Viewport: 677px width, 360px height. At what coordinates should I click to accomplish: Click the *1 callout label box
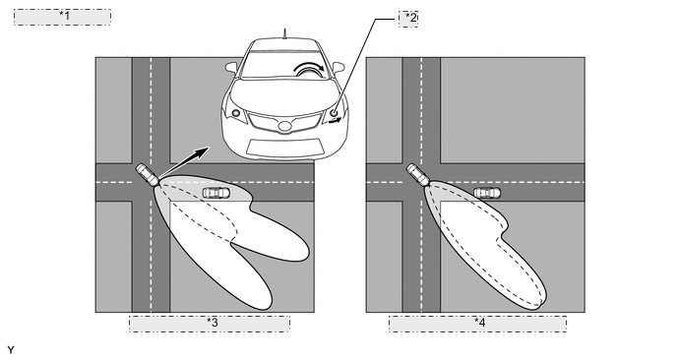click(x=62, y=17)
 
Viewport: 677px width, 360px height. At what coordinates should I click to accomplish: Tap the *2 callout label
click(x=408, y=19)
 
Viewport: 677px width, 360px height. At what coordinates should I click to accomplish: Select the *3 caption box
click(x=210, y=324)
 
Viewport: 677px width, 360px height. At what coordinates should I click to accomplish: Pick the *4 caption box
click(x=477, y=324)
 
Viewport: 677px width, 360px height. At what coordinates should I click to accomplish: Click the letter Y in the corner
click(x=11, y=350)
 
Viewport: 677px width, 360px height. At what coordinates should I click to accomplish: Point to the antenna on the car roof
click(x=284, y=33)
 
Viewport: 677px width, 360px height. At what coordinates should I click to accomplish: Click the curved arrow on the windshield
click(x=309, y=67)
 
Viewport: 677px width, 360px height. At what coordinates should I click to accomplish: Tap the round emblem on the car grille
click(x=284, y=127)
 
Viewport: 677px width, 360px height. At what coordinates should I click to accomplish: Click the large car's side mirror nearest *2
click(x=338, y=67)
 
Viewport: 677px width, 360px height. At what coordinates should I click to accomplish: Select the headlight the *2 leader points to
click(x=334, y=113)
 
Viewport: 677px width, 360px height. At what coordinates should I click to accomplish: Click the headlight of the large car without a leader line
click(x=236, y=113)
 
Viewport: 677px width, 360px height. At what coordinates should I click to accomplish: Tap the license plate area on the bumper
click(x=285, y=147)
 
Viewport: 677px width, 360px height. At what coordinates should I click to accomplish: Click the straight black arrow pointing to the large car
click(x=184, y=162)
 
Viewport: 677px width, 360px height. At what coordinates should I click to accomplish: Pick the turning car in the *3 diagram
click(x=148, y=174)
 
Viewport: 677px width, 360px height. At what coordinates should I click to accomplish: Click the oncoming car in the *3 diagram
click(x=216, y=193)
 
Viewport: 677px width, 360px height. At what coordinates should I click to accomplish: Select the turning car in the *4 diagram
click(x=418, y=174)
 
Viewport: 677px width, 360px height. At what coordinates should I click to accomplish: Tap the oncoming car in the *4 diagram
click(x=487, y=193)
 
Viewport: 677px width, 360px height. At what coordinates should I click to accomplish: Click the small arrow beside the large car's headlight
click(x=335, y=121)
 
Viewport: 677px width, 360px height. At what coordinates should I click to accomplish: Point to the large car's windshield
click(x=284, y=65)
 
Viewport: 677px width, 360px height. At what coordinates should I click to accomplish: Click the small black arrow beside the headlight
click(x=335, y=121)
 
